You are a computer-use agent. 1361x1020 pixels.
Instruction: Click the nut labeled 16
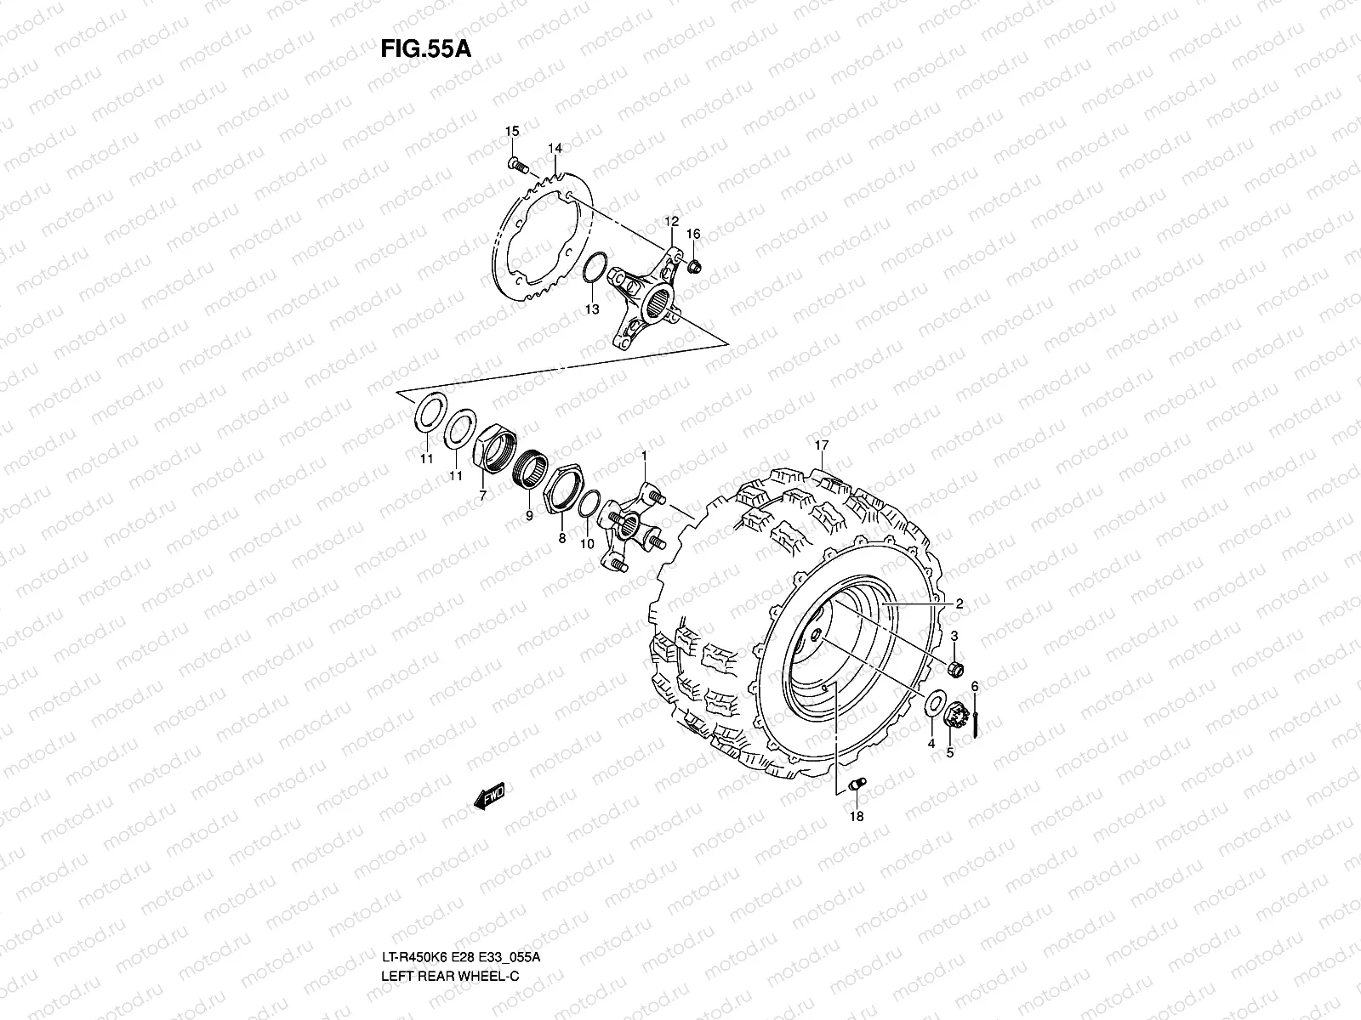tap(694, 268)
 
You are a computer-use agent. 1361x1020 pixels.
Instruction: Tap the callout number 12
tap(670, 222)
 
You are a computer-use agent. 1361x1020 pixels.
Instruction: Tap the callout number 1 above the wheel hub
tap(644, 456)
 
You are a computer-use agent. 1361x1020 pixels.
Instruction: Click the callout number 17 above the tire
tap(821, 445)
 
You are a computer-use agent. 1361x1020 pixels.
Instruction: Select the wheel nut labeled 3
tap(955, 669)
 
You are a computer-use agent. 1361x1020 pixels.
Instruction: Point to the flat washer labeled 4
tap(933, 704)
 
